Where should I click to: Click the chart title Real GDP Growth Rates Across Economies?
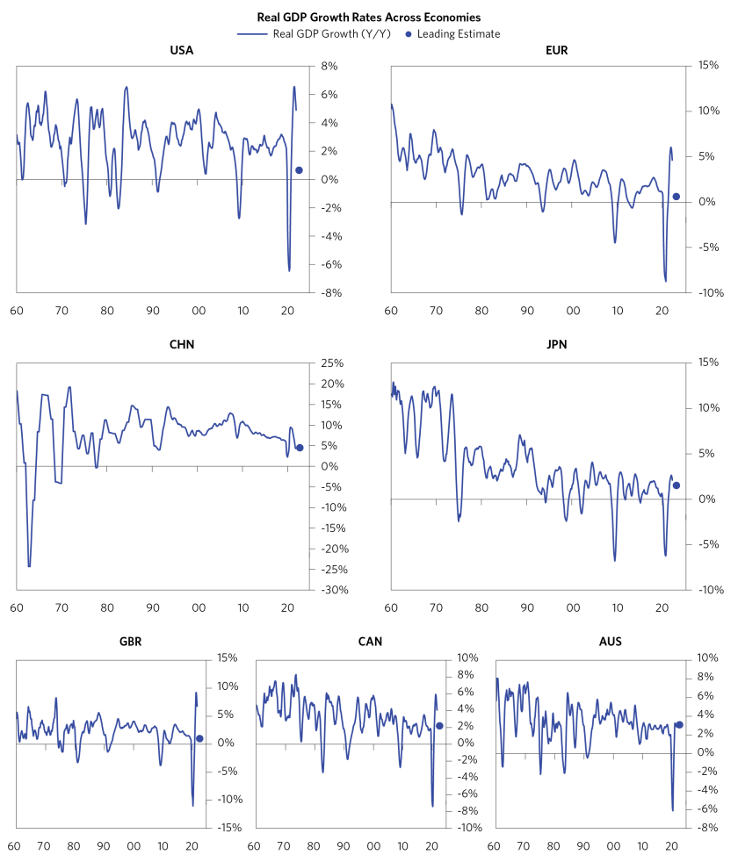pos(369,17)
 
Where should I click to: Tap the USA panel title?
pos(181,50)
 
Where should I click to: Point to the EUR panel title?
pos(556,50)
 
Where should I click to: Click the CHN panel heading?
pos(181,344)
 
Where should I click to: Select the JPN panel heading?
pos(556,344)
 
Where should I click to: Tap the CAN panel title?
pos(370,641)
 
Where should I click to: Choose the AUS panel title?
pos(610,641)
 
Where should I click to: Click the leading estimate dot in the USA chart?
pos(299,170)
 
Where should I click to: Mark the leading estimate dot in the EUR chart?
pos(676,196)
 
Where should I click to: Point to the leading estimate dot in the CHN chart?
pos(300,448)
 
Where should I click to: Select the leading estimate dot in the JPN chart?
pos(676,485)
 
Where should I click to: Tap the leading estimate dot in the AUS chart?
pos(679,725)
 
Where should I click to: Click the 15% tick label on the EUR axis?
pos(706,66)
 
